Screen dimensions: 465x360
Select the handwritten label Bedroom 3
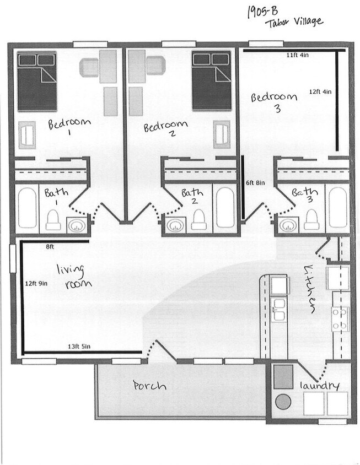274,101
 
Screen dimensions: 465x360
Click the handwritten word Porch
149,386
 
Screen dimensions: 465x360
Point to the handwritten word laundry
320,386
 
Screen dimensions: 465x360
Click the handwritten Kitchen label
310,289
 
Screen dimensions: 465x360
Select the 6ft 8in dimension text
255,182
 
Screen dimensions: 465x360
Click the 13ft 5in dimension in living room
79,346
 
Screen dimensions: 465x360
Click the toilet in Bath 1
53,219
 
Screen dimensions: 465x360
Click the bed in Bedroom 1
37,82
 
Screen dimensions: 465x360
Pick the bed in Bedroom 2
211,82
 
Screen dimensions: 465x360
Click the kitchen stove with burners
340,319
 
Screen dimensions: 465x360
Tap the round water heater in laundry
283,402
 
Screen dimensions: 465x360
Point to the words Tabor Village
294,23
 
